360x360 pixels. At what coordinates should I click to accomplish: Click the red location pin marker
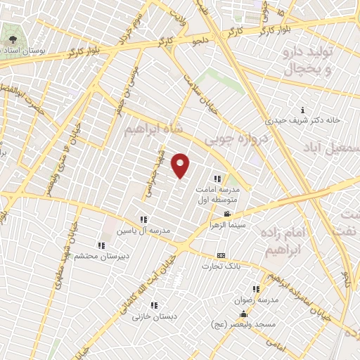click(x=181, y=165)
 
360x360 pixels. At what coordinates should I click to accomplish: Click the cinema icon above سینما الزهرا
click(x=226, y=214)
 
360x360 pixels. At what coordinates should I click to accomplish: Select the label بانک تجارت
click(x=222, y=266)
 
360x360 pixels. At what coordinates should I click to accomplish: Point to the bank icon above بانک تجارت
click(x=221, y=255)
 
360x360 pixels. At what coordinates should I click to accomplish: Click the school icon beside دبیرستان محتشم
click(x=101, y=245)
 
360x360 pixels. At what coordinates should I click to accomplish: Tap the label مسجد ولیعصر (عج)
click(x=240, y=324)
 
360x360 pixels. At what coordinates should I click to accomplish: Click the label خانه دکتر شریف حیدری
click(x=303, y=120)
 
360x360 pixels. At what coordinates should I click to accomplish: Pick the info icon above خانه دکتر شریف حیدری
click(x=302, y=110)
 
